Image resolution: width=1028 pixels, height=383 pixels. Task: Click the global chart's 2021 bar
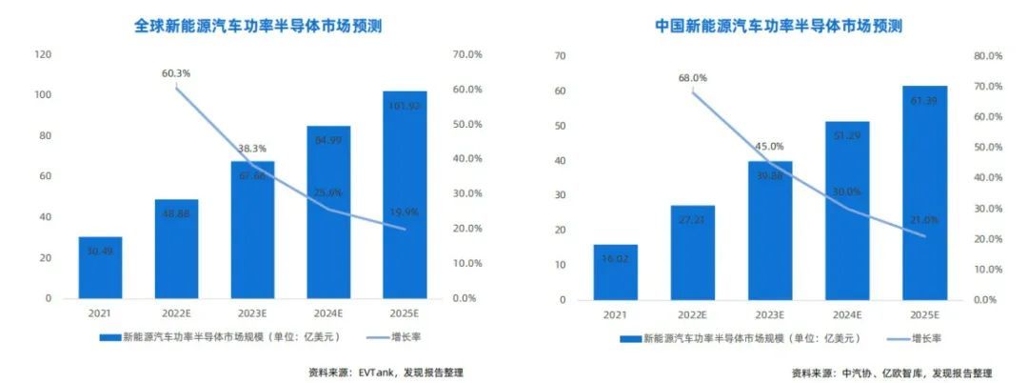100,267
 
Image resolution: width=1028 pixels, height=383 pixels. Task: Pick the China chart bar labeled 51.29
846,210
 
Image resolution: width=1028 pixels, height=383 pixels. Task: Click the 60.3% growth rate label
175,72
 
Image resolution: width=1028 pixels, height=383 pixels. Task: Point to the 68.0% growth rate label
692,78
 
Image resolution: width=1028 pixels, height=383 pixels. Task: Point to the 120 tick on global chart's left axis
42,54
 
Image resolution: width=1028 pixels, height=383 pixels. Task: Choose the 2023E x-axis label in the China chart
769,314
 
